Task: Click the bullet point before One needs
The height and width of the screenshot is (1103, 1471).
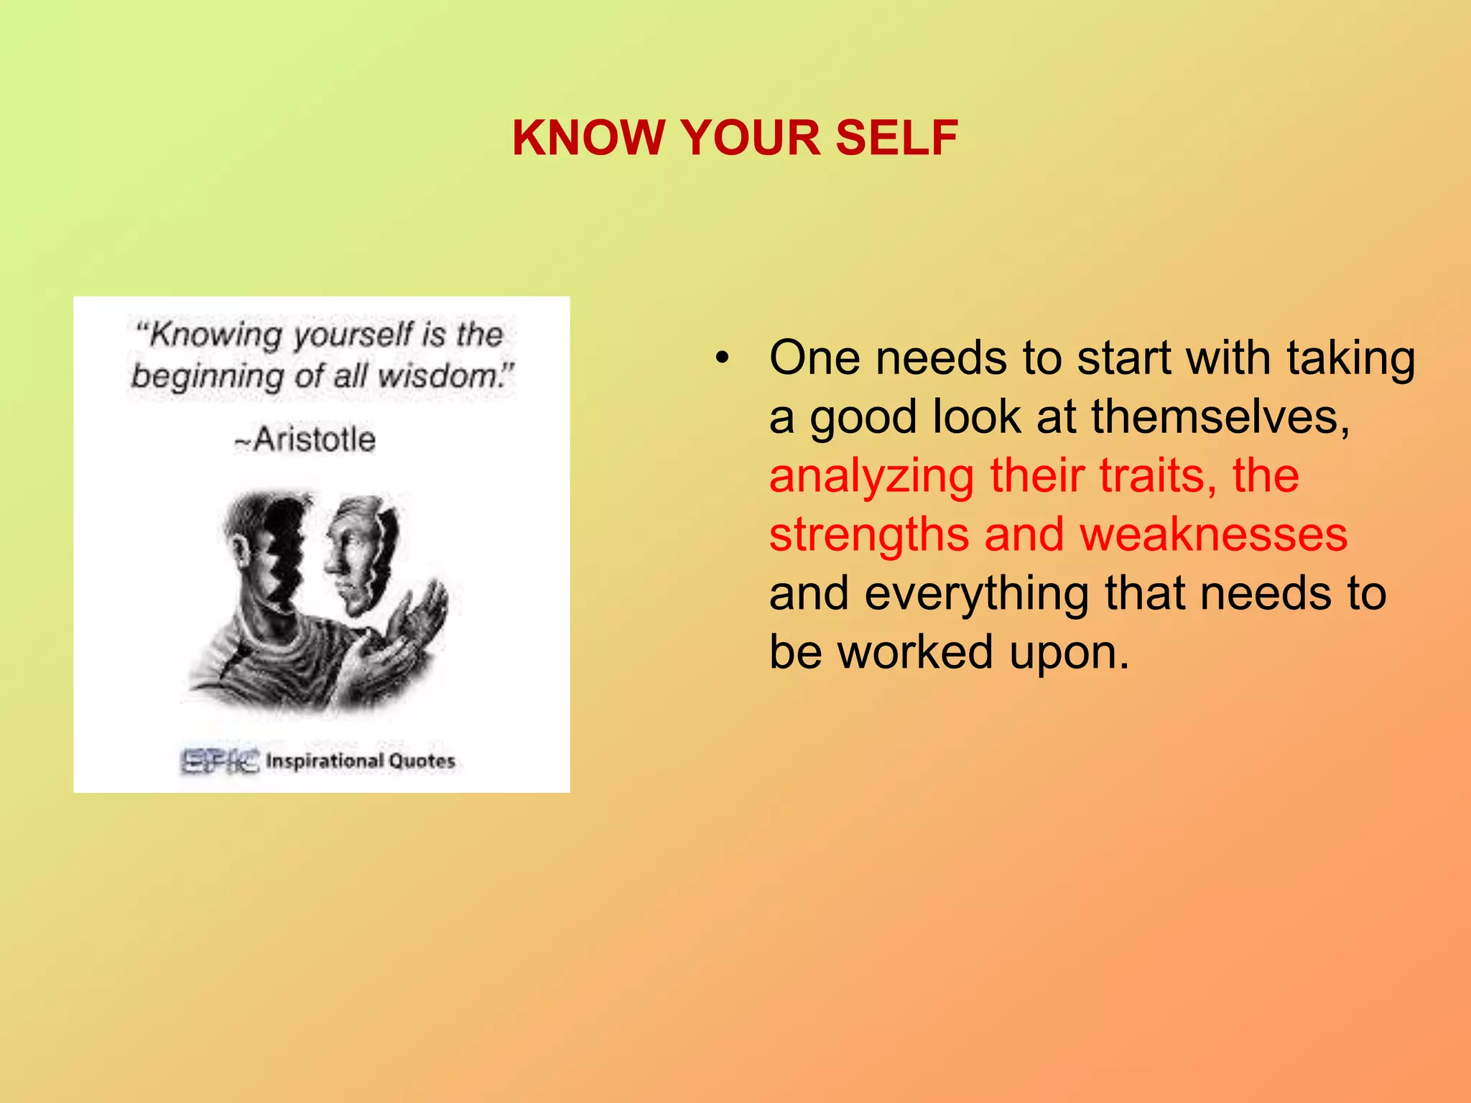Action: click(721, 358)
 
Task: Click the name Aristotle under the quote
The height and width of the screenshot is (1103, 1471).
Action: click(313, 439)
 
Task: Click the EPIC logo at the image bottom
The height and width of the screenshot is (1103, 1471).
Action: click(218, 760)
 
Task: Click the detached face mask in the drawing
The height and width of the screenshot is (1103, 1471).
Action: click(359, 553)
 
